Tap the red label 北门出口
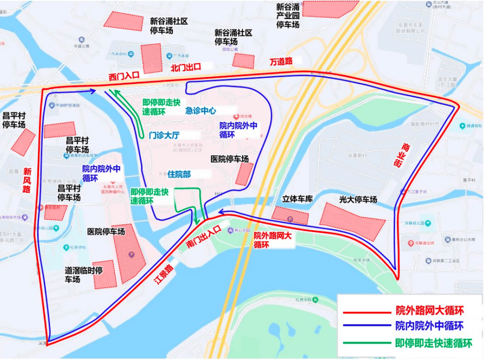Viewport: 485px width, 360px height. pos(185,67)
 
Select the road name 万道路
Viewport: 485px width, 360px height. pos(281,61)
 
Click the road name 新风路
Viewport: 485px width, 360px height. pos(26,180)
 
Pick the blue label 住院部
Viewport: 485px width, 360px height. pos(179,173)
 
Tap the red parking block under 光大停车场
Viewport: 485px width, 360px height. pos(352,221)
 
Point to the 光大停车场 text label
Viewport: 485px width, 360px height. pos(358,199)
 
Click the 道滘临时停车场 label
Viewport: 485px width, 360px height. pos(83,274)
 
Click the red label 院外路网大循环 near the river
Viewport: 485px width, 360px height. pos(272,240)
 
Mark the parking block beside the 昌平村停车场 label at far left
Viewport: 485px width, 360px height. pos(23,142)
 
